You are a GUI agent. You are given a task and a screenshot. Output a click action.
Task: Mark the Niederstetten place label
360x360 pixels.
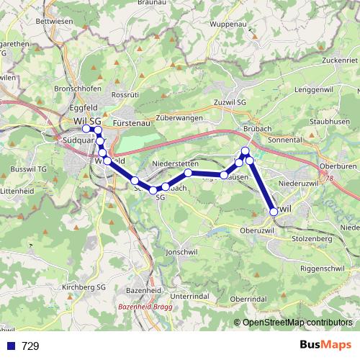(176, 163)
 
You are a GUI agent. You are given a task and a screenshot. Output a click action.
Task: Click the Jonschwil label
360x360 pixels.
(179, 253)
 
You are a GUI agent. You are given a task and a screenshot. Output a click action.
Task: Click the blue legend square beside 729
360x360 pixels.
(11, 346)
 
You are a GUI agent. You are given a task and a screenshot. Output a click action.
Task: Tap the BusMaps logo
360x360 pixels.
(325, 345)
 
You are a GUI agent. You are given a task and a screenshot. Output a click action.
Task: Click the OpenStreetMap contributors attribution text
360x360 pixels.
(297, 322)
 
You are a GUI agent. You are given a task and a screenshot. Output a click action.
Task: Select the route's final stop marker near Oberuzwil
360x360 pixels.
(273, 212)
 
